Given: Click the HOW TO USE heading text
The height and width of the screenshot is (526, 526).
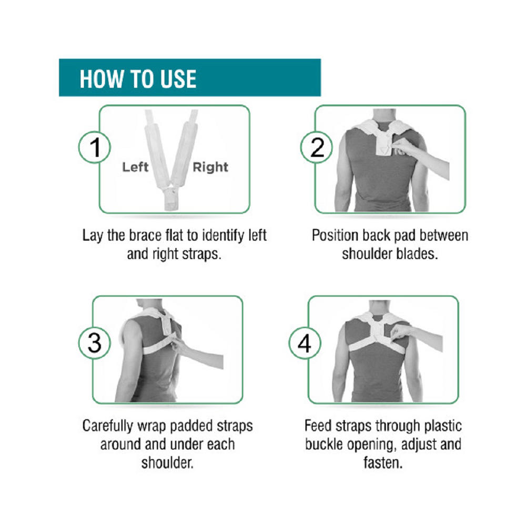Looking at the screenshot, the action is click(x=138, y=79).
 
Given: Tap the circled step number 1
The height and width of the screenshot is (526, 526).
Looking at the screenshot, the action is click(x=95, y=147).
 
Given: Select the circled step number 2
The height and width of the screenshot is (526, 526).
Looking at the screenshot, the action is click(x=317, y=147).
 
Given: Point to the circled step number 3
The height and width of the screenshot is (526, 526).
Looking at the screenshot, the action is click(x=95, y=342).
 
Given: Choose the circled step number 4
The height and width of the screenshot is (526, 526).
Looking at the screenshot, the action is click(x=305, y=343).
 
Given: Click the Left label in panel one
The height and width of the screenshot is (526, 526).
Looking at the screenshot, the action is click(x=135, y=167).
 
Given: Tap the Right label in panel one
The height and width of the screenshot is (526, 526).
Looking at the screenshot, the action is click(x=210, y=167).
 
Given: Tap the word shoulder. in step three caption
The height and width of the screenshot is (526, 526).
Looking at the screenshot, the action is click(x=167, y=463).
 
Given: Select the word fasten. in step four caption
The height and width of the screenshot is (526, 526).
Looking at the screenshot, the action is click(x=383, y=463).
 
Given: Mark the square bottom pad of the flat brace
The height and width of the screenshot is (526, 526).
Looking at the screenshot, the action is click(x=172, y=199).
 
